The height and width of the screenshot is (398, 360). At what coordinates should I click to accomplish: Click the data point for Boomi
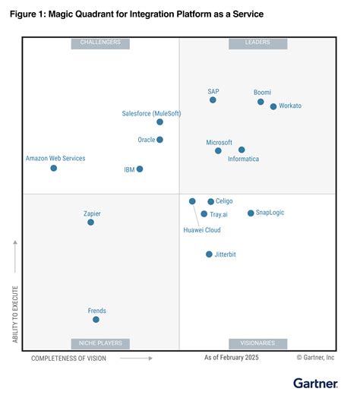click(261, 102)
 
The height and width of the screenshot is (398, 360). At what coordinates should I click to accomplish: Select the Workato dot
click(273, 106)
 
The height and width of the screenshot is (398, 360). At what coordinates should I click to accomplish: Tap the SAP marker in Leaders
click(213, 99)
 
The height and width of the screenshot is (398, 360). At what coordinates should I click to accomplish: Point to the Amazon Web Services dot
click(53, 168)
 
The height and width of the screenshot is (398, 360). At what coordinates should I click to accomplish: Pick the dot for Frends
click(96, 320)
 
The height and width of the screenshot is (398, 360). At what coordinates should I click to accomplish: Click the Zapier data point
click(90, 223)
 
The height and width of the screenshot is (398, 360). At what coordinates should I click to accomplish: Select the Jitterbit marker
click(209, 254)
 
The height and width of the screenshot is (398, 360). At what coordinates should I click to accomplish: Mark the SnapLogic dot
click(251, 213)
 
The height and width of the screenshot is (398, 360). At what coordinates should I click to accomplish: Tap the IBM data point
click(140, 169)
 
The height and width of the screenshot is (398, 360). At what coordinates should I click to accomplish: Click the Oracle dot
click(159, 140)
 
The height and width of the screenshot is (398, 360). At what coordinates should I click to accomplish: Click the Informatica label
click(244, 159)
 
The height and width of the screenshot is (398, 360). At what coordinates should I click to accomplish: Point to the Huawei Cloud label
click(202, 229)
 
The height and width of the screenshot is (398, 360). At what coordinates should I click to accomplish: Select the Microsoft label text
click(219, 142)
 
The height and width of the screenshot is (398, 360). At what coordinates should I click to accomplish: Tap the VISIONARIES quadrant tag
click(257, 343)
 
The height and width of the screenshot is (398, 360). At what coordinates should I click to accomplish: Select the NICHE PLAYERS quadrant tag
click(99, 343)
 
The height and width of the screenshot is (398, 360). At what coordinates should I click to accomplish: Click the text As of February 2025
click(232, 357)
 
